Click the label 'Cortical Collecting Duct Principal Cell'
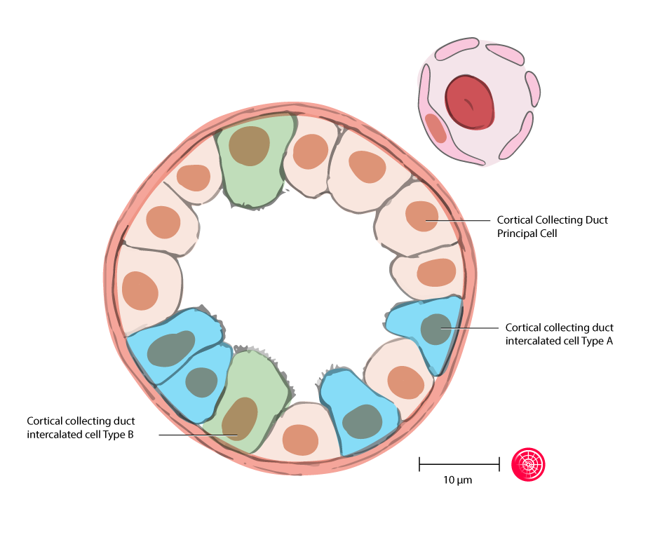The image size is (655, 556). tap(552, 226)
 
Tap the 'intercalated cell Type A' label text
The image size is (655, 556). tap(559, 334)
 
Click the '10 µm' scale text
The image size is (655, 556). tap(457, 481)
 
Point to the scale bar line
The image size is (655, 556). tap(459, 463)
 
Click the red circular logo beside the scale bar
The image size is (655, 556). tap(528, 463)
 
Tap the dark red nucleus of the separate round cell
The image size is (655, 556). tap(469, 103)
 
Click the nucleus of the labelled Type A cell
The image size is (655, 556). tap(436, 329)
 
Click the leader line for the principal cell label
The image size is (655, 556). tap(463, 220)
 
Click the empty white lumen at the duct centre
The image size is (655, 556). tap(295, 273)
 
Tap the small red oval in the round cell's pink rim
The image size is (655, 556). tap(435, 128)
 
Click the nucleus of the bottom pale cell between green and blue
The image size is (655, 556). tap(301, 439)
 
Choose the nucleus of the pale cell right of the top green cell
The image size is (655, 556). tap(309, 151)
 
